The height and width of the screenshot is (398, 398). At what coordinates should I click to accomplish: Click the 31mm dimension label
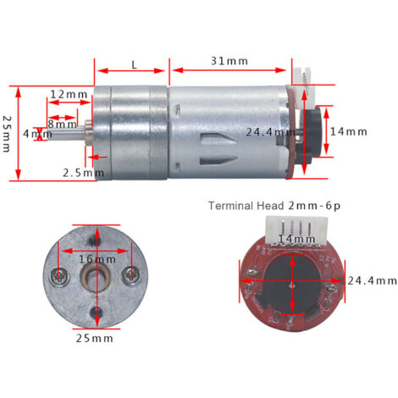pyautogui.click(x=229, y=61)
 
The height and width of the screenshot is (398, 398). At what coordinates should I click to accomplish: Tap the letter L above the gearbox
pyautogui.click(x=134, y=65)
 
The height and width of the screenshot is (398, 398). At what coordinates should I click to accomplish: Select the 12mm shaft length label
pyautogui.click(x=69, y=94)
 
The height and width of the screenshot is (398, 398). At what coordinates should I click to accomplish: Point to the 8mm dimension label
pyautogui.click(x=62, y=124)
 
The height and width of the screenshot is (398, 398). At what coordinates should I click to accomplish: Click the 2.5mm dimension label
pyautogui.click(x=83, y=173)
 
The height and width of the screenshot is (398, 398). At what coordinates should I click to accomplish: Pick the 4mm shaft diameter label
pyautogui.click(x=37, y=134)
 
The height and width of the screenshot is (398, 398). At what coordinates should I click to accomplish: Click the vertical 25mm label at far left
pyautogui.click(x=7, y=134)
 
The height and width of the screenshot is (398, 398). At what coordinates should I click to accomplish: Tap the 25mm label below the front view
pyautogui.click(x=95, y=338)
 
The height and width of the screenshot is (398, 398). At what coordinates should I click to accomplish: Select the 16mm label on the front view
pyautogui.click(x=97, y=259)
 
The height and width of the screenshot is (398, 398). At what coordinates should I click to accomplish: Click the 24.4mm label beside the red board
pyautogui.click(x=372, y=280)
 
